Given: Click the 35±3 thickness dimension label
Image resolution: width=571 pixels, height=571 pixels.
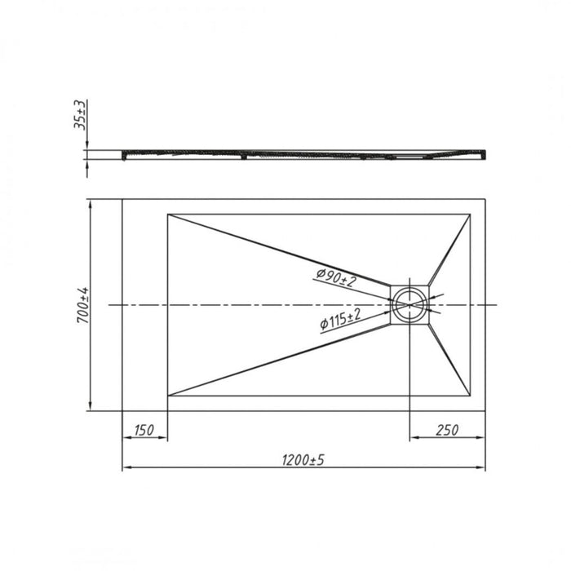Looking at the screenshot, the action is point(80,114).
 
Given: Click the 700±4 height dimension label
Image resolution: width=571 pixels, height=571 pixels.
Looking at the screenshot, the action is point(82,305).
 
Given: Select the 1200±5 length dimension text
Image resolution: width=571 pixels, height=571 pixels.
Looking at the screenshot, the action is point(303,460).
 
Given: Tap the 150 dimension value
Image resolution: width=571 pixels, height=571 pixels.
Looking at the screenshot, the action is point(144,430).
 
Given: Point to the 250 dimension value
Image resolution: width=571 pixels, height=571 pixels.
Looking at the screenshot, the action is point(447,430).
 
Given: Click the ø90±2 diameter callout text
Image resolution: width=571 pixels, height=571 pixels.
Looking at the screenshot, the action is point(336,277).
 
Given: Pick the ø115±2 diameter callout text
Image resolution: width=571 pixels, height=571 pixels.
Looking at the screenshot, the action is point(340,320).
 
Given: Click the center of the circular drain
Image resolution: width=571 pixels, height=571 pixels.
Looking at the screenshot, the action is point(410,304).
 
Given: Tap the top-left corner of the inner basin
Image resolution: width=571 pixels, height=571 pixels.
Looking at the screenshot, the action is point(167,214).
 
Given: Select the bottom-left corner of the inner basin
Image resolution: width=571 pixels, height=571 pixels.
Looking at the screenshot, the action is point(167,396).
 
